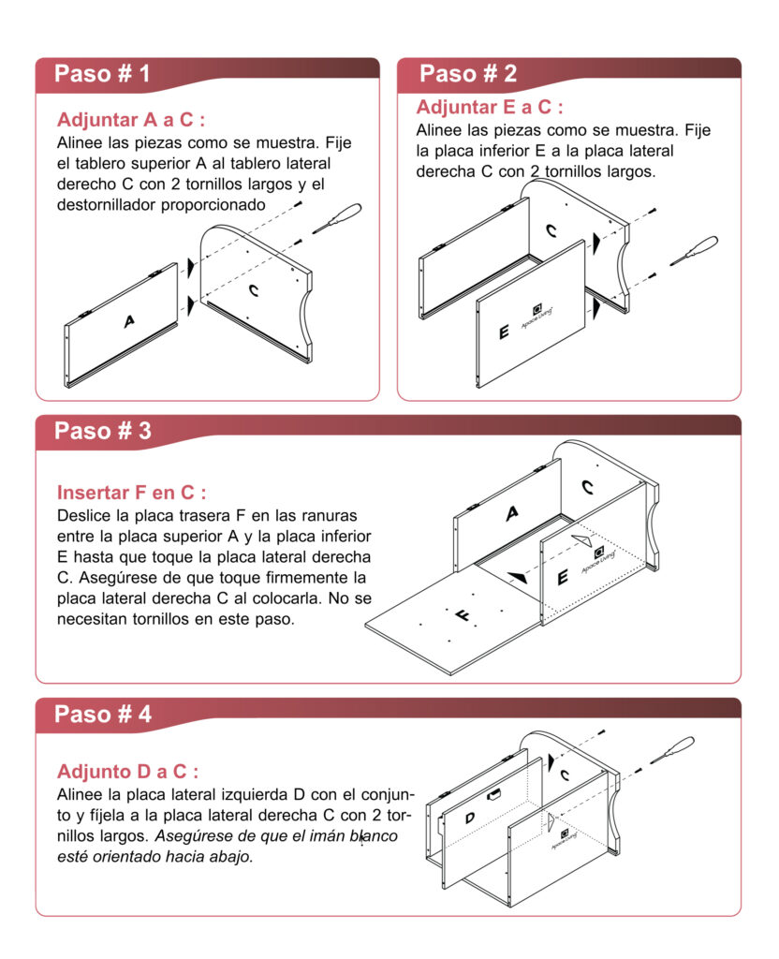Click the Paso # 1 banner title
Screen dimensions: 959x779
pos(101,74)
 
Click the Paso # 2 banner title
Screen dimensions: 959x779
pos(467,74)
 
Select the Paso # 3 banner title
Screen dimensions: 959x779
pos(102,431)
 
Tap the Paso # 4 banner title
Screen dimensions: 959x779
pos(102,714)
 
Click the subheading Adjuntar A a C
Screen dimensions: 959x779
pos(130,121)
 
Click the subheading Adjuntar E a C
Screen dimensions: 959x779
pos(490,107)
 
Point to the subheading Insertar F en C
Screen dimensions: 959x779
pos(131,493)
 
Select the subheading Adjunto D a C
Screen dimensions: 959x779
pos(127,772)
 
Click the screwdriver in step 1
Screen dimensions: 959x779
pos(337,217)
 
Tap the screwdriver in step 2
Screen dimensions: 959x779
pos(695,249)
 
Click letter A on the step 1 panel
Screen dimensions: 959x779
pos(129,321)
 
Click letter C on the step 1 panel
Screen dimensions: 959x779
pos(254,290)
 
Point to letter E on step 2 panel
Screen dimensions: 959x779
pos(504,332)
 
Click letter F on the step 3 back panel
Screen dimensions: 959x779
pos(463,615)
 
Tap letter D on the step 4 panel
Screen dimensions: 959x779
pos(469,818)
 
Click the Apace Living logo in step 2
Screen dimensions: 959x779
pos(537,311)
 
